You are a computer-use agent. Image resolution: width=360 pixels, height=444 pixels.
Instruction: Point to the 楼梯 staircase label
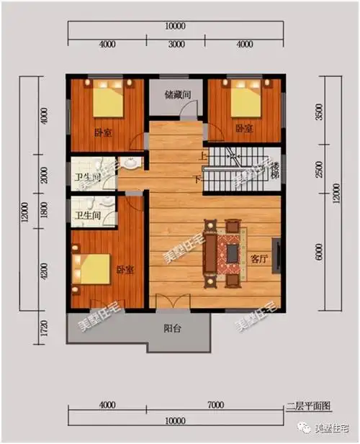click(275, 171)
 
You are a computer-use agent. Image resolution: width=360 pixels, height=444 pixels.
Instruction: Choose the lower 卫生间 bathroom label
click(86, 214)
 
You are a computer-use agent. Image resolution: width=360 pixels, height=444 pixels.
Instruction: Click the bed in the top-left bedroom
click(107, 101)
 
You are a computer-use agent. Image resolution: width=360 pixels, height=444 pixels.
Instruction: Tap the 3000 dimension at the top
click(176, 45)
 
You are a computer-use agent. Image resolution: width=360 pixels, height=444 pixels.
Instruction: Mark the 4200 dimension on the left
click(44, 273)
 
